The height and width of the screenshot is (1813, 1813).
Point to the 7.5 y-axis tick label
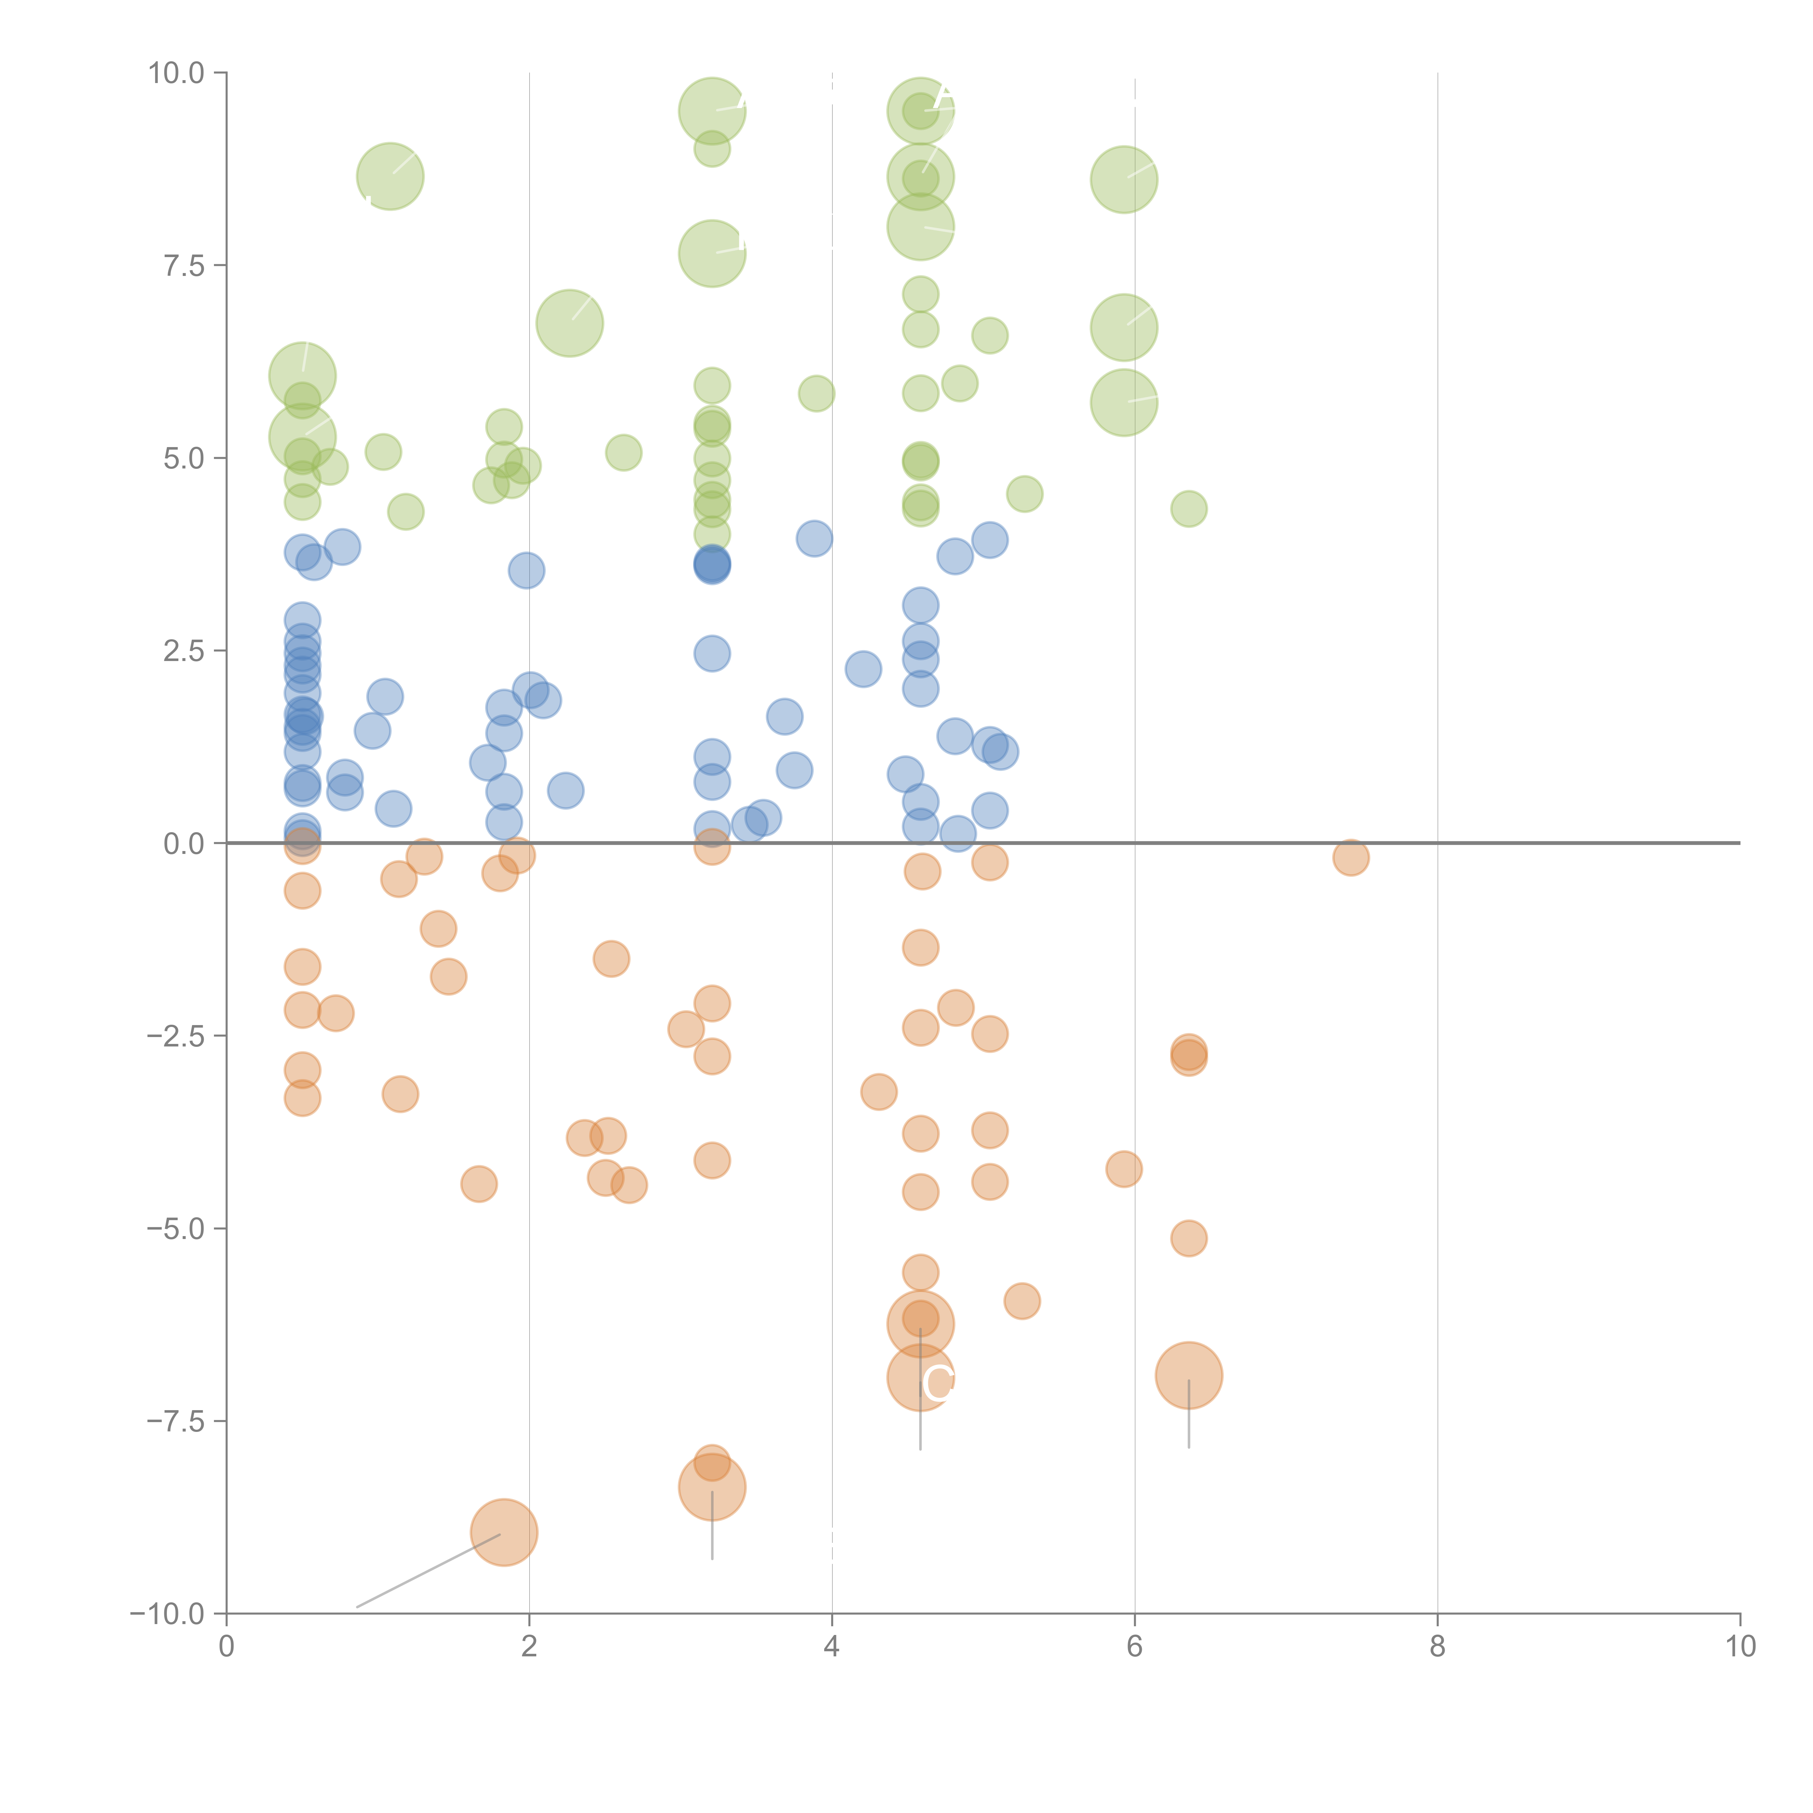tap(183, 265)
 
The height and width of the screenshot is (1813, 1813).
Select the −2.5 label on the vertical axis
tap(175, 1036)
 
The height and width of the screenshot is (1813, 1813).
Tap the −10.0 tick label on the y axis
tap(167, 1614)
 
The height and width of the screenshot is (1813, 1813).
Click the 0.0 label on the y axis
tap(183, 844)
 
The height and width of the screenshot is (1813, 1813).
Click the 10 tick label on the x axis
tap(1740, 1647)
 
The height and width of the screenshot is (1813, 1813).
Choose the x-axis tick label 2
tap(529, 1647)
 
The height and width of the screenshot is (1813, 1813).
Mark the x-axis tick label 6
tap(1135, 1647)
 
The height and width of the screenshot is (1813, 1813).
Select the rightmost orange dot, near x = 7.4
tap(1350, 857)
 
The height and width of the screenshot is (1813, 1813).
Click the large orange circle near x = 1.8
tap(504, 1532)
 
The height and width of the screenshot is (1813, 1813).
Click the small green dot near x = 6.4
tap(1189, 509)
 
